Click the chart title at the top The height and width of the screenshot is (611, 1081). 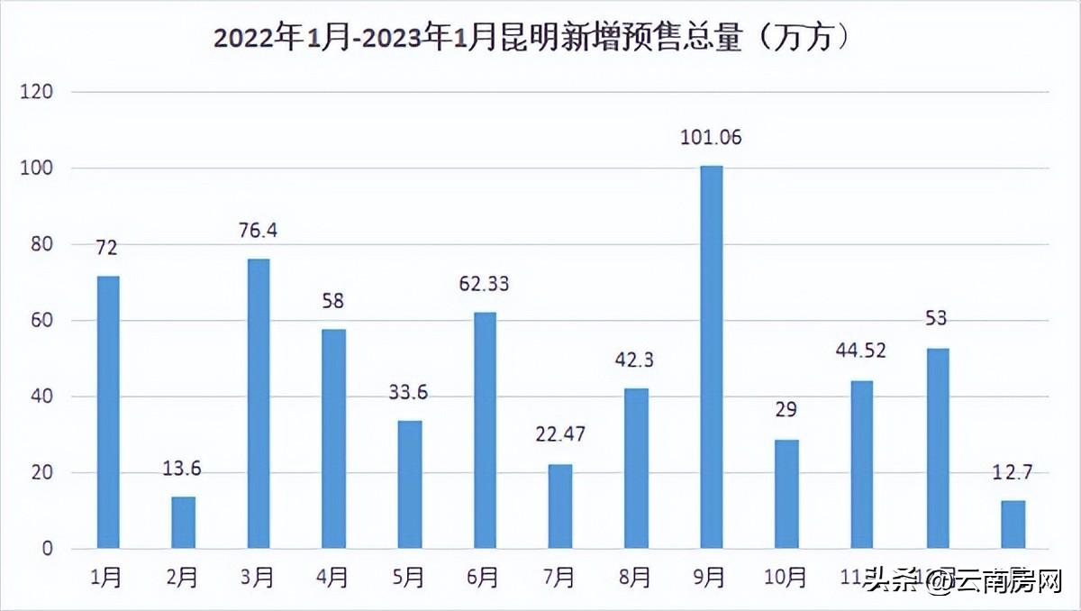[531, 40]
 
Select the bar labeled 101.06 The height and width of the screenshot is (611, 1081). [711, 356]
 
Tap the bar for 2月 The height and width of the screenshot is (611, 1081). [183, 522]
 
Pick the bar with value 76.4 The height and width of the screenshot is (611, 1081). [259, 403]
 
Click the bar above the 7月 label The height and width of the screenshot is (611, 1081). [560, 506]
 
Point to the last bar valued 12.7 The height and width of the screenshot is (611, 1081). [1013, 524]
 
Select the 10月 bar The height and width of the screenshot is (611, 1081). [786, 493]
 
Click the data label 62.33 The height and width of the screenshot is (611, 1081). [484, 284]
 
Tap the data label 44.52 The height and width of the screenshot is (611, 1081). [860, 351]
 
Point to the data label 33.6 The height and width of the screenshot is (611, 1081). [408, 394]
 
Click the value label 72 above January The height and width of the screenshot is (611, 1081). [108, 247]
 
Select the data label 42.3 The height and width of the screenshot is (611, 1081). [635, 360]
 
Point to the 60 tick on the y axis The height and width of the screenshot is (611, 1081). [42, 321]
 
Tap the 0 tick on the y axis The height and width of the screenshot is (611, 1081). [48, 549]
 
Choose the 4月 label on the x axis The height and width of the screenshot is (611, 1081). [332, 578]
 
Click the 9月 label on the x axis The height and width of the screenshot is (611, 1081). [710, 578]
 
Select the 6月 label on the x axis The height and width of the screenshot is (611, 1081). [484, 578]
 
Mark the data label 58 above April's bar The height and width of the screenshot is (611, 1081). [333, 301]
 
